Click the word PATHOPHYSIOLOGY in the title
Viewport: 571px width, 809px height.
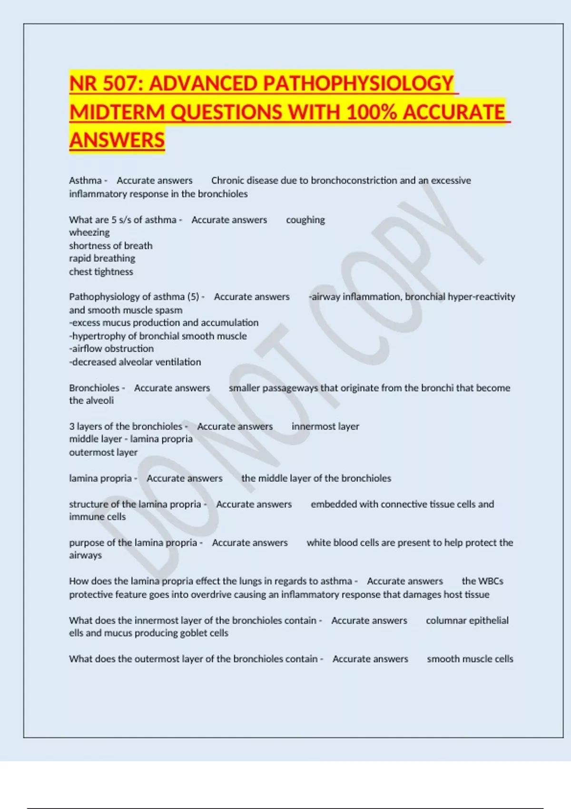(358, 84)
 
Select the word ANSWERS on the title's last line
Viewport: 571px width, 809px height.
(117, 140)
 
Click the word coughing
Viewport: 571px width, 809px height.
(305, 220)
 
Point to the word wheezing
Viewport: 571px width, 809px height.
(89, 232)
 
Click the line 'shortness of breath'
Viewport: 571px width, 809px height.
(111, 246)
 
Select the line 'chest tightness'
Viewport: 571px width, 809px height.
(101, 272)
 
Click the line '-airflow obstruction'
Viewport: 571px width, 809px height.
(111, 349)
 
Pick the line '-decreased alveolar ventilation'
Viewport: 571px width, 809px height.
(135, 362)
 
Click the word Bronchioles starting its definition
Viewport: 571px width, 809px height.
(94, 388)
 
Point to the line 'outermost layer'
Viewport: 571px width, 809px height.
(103, 452)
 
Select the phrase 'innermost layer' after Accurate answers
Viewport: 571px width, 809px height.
(325, 426)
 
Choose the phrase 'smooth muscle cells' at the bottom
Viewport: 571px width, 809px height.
(470, 659)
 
